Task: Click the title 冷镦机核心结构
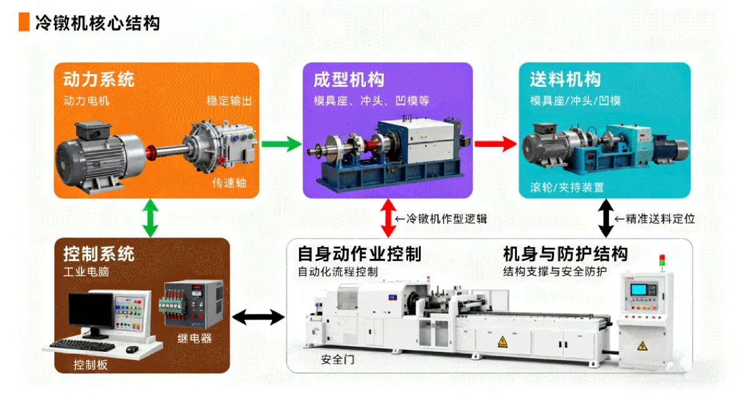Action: tap(97, 24)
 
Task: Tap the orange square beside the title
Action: tap(24, 23)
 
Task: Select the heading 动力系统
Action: tap(99, 80)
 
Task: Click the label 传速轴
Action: tap(230, 183)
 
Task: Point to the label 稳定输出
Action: tap(229, 100)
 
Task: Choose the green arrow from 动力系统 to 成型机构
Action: tap(280, 145)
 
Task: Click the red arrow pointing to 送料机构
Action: tap(496, 144)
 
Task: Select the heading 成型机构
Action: tap(349, 80)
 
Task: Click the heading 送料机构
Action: tap(565, 80)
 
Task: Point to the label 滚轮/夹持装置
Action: tap(567, 187)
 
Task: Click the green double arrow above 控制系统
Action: tap(149, 218)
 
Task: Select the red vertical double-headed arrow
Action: tap(389, 218)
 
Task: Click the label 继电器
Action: tap(194, 339)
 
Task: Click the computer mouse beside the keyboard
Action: tap(132, 349)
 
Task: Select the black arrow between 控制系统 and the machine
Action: tap(258, 318)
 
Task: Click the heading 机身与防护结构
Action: tap(565, 255)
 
